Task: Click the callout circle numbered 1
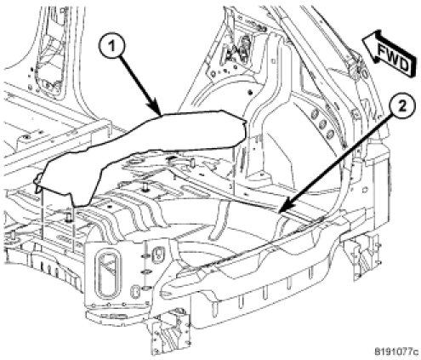(112, 46)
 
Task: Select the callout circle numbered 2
(402, 107)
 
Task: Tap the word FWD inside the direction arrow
(394, 58)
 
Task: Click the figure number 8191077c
(396, 351)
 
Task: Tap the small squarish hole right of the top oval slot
(156, 254)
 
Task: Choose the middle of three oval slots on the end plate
(145, 272)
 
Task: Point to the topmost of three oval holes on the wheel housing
(315, 114)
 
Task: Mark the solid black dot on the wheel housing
(250, 93)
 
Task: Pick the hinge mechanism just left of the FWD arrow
(356, 66)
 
